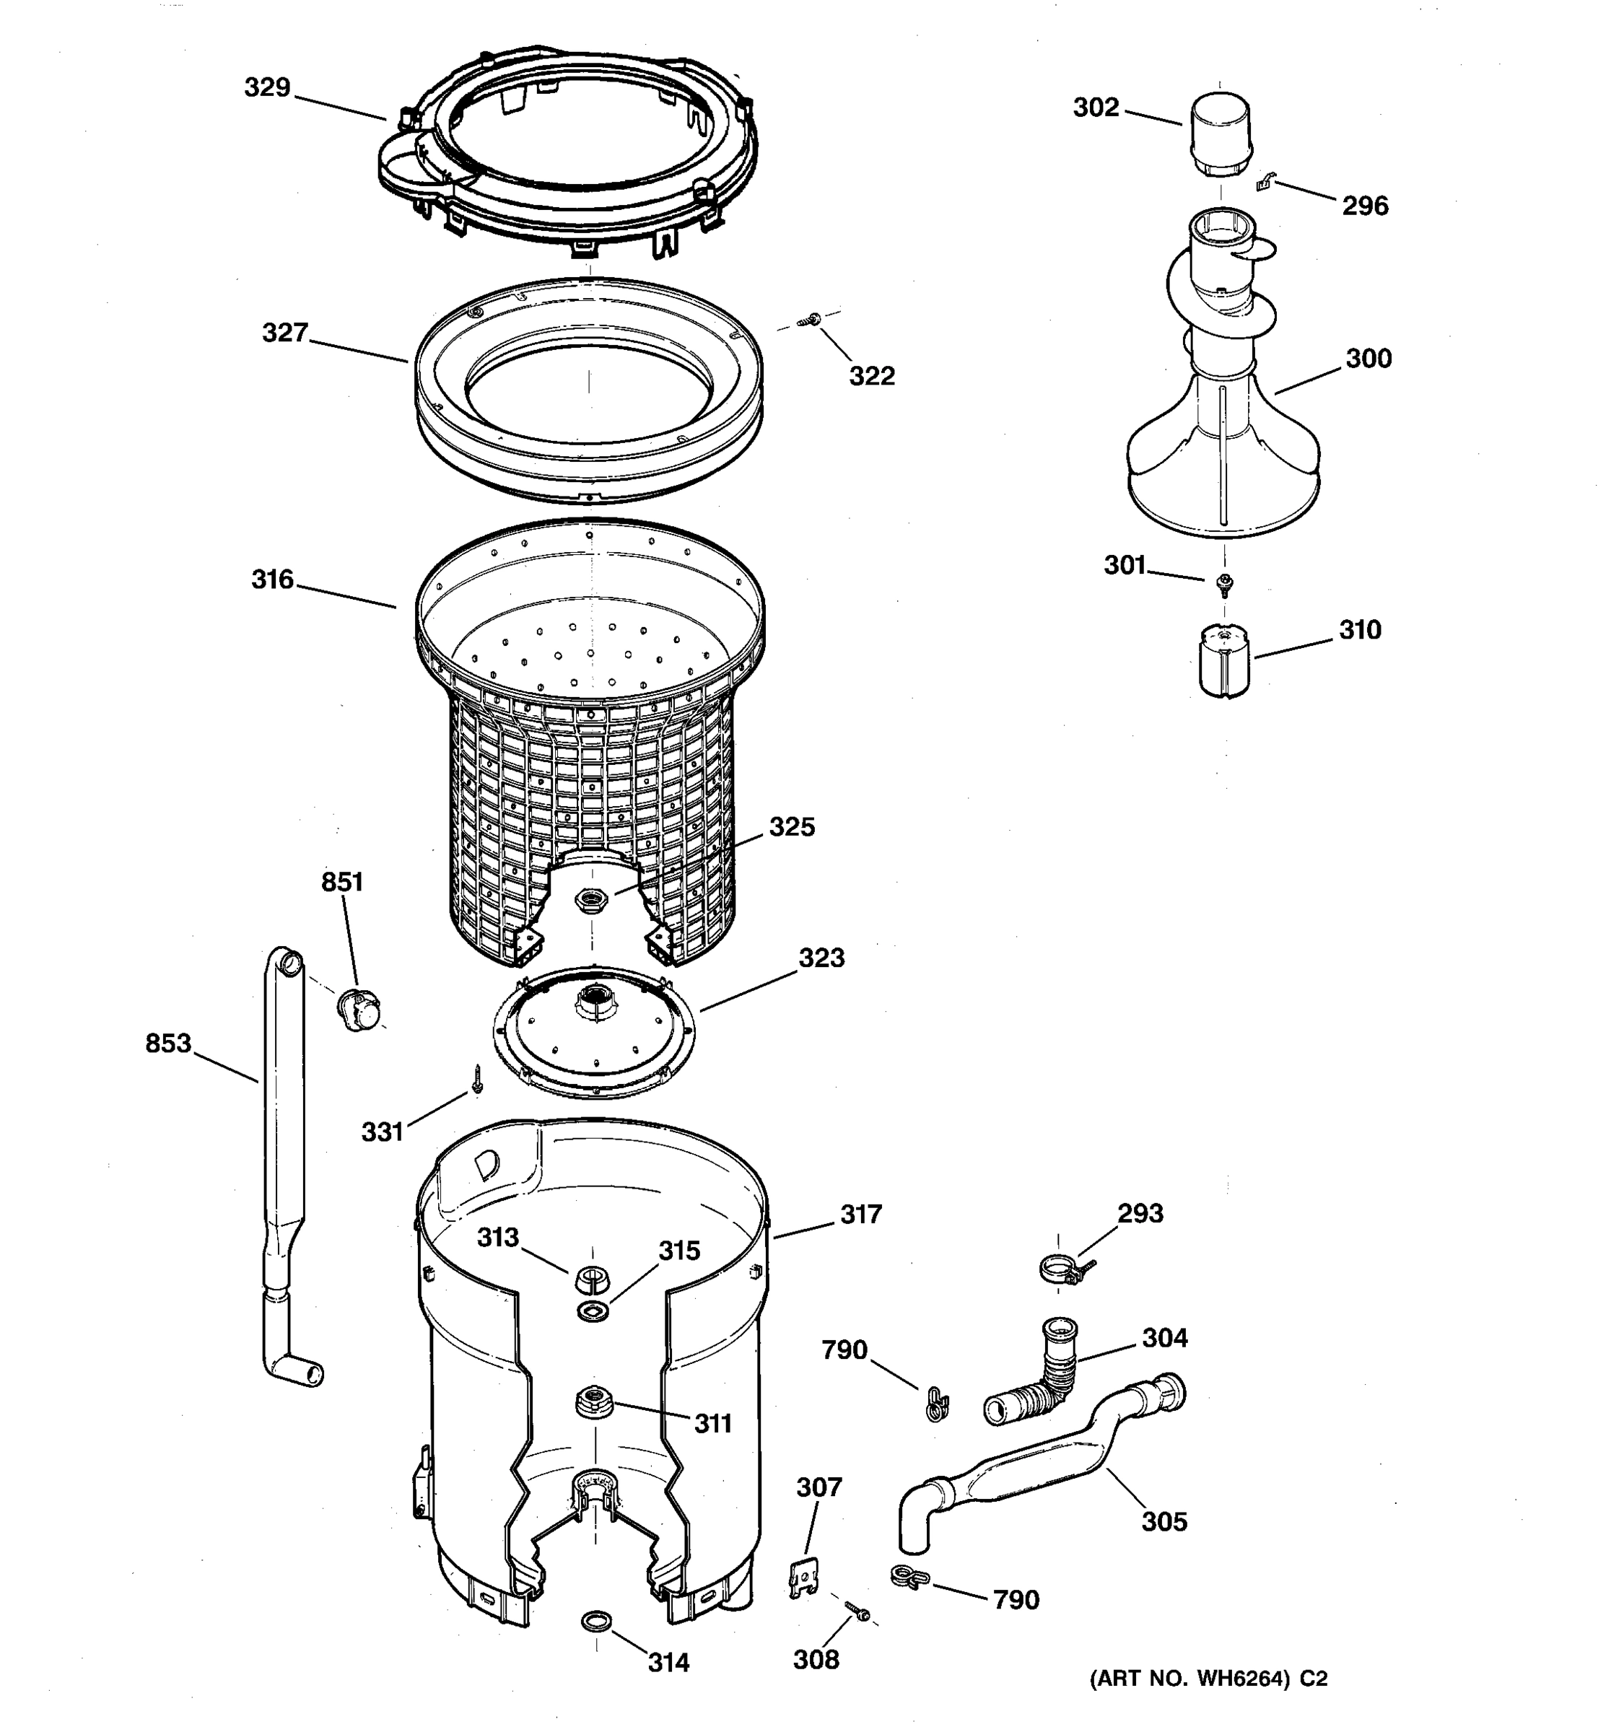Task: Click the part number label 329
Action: click(266, 88)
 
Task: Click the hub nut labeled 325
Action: click(593, 899)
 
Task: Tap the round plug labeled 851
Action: click(360, 1010)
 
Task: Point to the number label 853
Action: click(168, 1043)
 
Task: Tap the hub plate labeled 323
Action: click(593, 1030)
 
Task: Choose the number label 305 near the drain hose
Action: click(1164, 1521)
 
